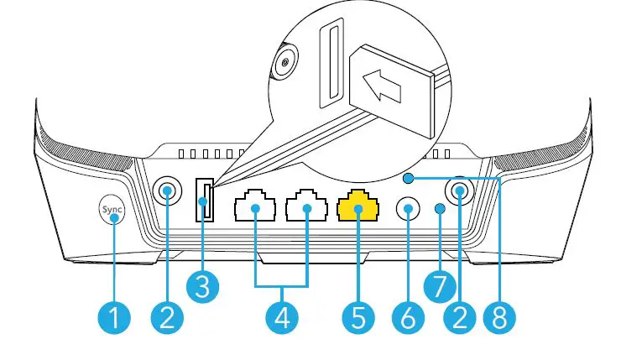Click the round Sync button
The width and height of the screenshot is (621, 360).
tap(111, 211)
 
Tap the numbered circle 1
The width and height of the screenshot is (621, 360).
tap(116, 317)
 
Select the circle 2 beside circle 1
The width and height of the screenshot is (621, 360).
tap(168, 317)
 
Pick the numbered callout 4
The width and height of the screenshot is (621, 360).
tap(282, 317)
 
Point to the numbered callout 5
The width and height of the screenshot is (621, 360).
tap(357, 317)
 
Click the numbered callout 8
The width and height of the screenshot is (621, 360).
tap(500, 317)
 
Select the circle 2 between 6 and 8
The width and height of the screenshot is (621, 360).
tap(460, 317)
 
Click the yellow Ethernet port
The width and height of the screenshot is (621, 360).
tap(357, 206)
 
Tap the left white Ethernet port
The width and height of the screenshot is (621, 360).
tap(256, 206)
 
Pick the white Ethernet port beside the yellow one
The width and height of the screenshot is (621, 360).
tap(306, 206)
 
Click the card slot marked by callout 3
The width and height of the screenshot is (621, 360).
tap(204, 202)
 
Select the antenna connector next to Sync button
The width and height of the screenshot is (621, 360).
tap(168, 192)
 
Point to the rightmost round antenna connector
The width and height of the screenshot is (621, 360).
tap(460, 192)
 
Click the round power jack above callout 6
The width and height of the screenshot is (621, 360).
tap(409, 207)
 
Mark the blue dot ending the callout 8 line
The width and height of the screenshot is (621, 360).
tap(408, 178)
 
